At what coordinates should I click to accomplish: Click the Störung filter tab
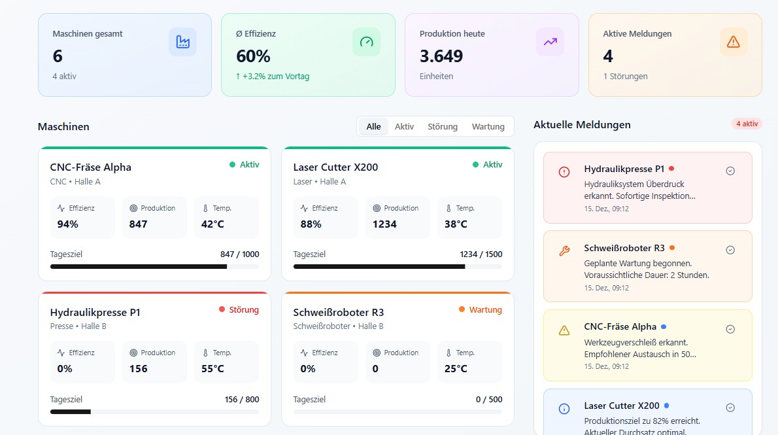click(x=443, y=127)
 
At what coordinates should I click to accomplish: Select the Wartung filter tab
click(x=488, y=127)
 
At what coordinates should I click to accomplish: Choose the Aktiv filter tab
click(x=404, y=127)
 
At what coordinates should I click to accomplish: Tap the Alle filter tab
click(x=373, y=127)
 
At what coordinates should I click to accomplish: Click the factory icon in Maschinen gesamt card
click(x=182, y=42)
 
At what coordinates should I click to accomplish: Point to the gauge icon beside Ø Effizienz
click(x=366, y=42)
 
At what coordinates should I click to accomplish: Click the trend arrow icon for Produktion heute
click(x=550, y=42)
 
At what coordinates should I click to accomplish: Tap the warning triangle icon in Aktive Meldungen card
click(x=734, y=42)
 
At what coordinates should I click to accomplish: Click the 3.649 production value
click(x=441, y=56)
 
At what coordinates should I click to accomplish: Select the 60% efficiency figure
click(x=253, y=56)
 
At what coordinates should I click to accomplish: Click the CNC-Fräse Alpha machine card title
click(x=91, y=167)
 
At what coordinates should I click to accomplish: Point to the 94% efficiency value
click(x=67, y=224)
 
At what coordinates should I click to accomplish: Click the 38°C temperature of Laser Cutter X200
click(x=456, y=224)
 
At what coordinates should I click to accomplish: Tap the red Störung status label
click(x=244, y=309)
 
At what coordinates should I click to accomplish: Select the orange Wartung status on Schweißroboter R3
click(x=485, y=309)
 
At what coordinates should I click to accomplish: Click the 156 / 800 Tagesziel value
click(x=241, y=400)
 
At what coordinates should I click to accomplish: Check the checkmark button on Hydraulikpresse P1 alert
click(x=730, y=171)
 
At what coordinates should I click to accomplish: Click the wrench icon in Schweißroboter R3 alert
click(x=564, y=251)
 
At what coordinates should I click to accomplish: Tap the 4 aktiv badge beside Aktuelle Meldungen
click(x=747, y=124)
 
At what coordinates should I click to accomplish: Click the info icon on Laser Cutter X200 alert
click(x=564, y=408)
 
